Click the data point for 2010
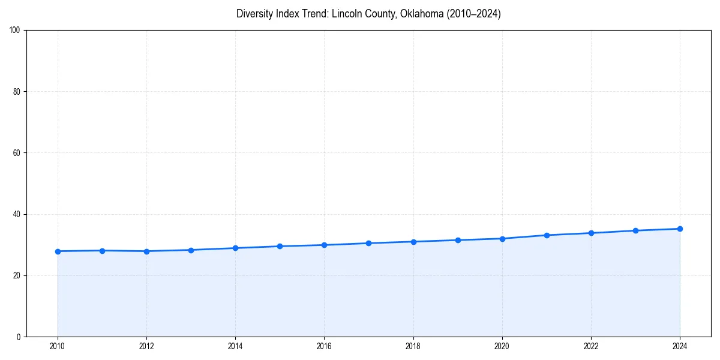(58, 251)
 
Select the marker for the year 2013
(191, 250)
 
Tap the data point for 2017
(368, 243)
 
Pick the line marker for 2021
(547, 235)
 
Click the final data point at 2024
(680, 229)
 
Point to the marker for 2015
(280, 246)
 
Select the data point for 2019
(458, 240)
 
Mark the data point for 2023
(635, 230)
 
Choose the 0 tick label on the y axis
(19, 337)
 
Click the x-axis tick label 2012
(146, 346)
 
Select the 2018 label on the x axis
(413, 346)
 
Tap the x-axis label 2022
(591, 346)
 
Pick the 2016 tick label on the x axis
(324, 346)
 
